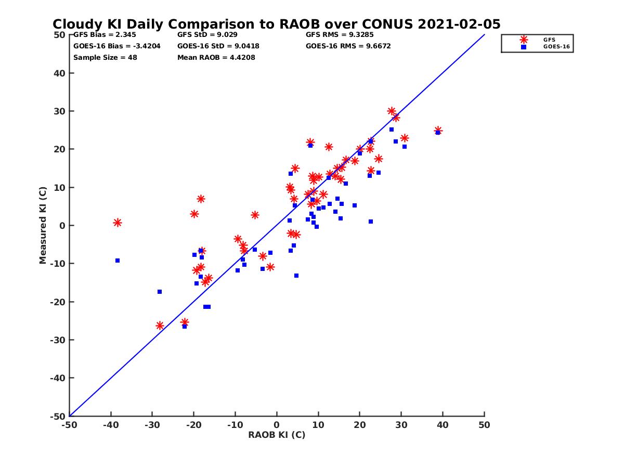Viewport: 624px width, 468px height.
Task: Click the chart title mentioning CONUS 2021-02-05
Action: tap(276, 24)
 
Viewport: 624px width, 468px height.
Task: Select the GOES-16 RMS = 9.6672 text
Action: tap(348, 46)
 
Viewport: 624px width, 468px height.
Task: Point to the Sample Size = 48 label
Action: tap(105, 57)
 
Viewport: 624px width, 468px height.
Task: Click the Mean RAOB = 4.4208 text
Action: tap(216, 57)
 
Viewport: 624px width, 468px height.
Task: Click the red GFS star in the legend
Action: tap(524, 40)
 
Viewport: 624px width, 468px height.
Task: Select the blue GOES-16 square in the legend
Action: tap(524, 47)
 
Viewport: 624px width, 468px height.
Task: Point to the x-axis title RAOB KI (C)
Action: tap(277, 435)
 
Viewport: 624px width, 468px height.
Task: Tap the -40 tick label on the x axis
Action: tap(110, 425)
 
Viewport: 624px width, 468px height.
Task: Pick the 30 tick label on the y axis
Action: tap(60, 111)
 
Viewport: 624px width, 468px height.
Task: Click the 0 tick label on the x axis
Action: tap(277, 425)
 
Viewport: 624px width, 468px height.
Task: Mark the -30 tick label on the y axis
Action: tap(57, 340)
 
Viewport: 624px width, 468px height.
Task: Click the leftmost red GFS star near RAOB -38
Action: tap(118, 223)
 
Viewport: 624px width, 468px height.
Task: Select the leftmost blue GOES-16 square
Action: tap(118, 261)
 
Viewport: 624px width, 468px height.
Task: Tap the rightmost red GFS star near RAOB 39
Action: tap(438, 130)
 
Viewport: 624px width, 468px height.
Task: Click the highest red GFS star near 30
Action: tap(392, 111)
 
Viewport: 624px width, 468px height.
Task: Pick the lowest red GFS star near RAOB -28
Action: tap(160, 326)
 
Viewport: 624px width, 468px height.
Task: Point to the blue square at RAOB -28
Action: tap(160, 292)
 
